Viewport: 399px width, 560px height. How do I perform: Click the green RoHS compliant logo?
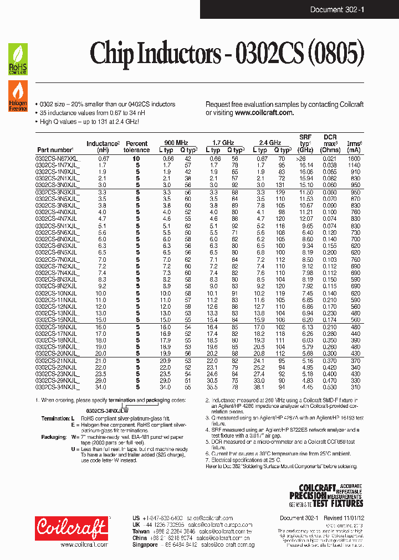click(18, 59)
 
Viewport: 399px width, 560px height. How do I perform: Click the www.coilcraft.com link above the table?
click(264, 112)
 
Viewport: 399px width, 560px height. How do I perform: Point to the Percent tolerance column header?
click(136, 147)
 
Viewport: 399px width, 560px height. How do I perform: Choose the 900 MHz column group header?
click(175, 143)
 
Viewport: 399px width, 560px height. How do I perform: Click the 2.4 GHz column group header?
click(269, 143)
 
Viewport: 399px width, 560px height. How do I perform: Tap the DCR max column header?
click(330, 143)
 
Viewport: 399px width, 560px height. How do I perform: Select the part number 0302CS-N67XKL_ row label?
click(58, 159)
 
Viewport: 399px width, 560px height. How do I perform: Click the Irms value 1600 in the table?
click(354, 159)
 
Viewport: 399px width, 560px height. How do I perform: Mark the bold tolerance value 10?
click(136, 159)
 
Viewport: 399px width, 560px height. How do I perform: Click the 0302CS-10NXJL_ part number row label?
click(57, 293)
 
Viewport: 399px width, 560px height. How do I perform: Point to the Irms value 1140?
click(354, 165)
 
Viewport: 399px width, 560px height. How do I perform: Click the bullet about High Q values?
click(89, 121)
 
